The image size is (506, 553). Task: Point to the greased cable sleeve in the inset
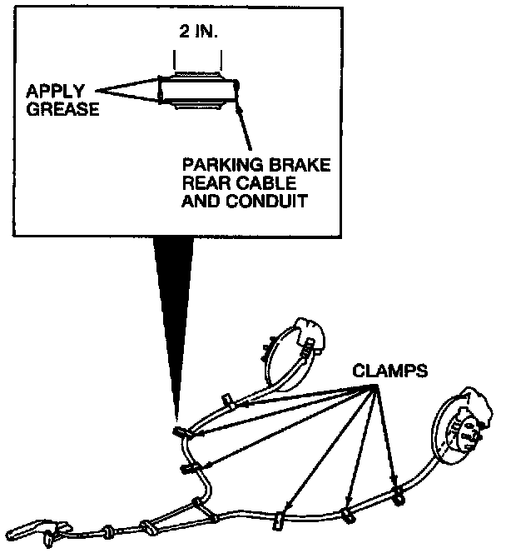point(198,92)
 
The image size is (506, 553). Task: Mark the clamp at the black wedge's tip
point(182,433)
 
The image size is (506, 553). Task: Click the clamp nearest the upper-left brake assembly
point(226,401)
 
